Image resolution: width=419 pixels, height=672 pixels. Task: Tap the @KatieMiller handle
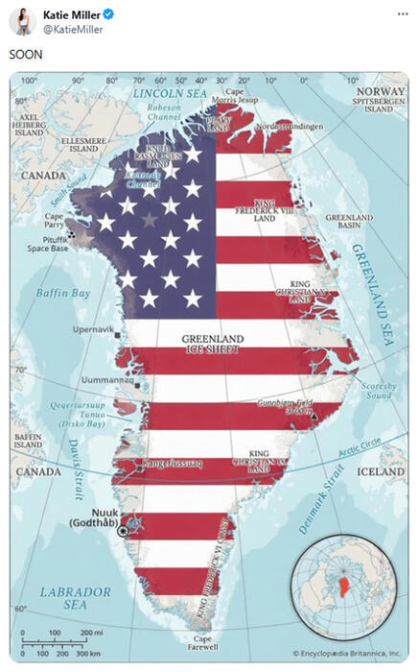click(74, 30)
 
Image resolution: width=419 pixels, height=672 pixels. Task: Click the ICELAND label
click(380, 471)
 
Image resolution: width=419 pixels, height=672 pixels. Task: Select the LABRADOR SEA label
click(75, 598)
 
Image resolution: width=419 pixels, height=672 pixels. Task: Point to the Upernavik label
click(93, 329)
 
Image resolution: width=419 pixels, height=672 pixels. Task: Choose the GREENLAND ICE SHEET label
click(213, 344)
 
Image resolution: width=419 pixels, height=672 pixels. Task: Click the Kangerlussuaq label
click(172, 464)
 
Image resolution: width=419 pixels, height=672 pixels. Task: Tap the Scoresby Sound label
click(379, 390)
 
